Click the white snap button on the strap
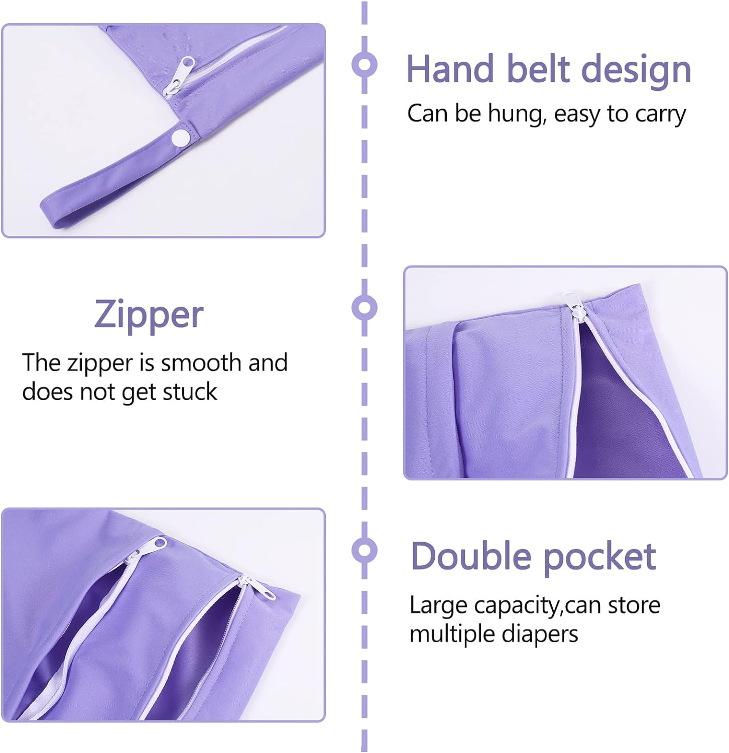pos(180,137)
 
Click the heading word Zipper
pos(149,315)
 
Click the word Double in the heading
pos(470,557)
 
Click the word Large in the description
pos(438,606)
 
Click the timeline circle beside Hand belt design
pos(365,65)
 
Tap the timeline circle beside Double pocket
pos(365,550)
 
